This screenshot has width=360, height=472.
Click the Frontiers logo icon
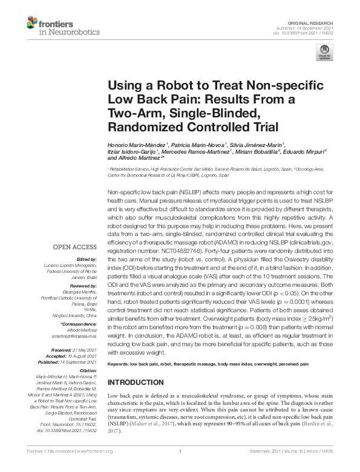(x=31, y=22)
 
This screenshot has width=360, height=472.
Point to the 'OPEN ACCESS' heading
(x=76, y=247)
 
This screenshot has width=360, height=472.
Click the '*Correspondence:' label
(x=80, y=324)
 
